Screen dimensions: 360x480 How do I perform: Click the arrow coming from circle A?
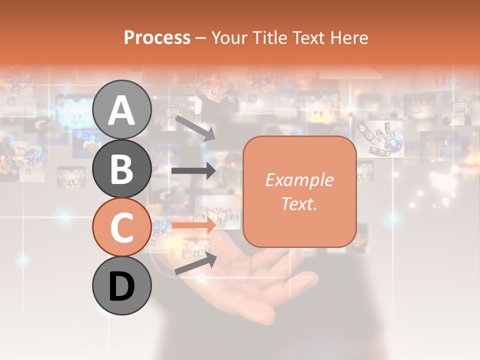coord(195,128)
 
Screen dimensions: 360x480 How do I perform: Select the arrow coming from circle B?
coord(193,171)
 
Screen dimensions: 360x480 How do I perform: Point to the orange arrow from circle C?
coord(194,225)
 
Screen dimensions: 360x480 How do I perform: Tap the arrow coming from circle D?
coord(195,263)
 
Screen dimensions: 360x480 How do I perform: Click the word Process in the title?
coord(157,37)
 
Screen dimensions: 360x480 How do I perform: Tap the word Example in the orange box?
coord(299,180)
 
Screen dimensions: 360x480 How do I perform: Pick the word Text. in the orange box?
coord(299,203)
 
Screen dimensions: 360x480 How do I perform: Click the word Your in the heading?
coord(229,37)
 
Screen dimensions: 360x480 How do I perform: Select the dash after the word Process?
coord(201,38)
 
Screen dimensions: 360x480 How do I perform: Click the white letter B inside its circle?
coord(121,169)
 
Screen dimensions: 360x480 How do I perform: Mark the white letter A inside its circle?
coord(121,110)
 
